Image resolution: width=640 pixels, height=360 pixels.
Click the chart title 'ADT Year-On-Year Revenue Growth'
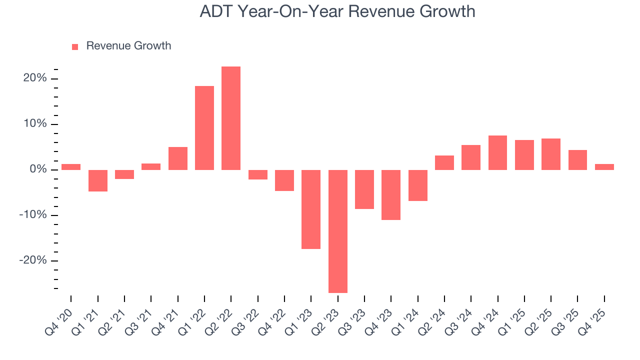click(337, 11)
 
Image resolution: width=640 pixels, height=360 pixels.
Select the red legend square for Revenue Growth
click(75, 46)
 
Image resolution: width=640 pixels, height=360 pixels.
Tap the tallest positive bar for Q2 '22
click(231, 118)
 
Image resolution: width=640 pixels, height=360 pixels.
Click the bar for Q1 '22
click(204, 128)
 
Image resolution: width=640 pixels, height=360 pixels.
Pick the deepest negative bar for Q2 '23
click(337, 231)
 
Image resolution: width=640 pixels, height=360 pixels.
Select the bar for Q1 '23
click(311, 209)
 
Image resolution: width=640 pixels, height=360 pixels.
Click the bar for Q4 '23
click(391, 194)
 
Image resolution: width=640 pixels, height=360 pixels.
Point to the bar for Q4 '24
click(497, 152)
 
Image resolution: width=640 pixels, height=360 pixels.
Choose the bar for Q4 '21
click(177, 158)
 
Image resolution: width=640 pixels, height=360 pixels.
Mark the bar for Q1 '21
click(97, 180)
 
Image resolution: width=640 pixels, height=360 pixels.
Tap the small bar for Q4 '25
click(604, 167)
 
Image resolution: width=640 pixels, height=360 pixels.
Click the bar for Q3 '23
click(364, 189)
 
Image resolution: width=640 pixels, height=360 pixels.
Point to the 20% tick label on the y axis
click(34, 78)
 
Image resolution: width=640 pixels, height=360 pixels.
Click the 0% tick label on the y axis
click(37, 170)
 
